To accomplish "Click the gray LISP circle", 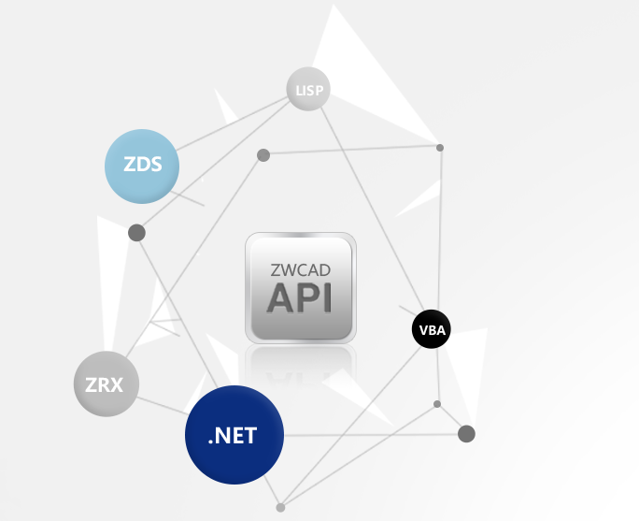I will [307, 90].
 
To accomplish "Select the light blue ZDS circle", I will [142, 166].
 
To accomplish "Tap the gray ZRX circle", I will [106, 384].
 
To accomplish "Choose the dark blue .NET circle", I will [234, 435].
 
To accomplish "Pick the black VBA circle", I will [432, 329].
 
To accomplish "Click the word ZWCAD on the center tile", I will [300, 269].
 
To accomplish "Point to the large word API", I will [300, 297].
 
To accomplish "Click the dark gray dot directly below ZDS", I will [136, 232].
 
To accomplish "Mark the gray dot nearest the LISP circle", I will [263, 155].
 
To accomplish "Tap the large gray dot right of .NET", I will [467, 433].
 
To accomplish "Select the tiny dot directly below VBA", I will [437, 404].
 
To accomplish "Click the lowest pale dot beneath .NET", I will [280, 507].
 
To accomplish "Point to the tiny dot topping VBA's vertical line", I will [440, 148].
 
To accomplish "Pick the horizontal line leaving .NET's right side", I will [374, 434].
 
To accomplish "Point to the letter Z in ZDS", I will [130, 166].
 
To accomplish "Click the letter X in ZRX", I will [117, 384].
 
